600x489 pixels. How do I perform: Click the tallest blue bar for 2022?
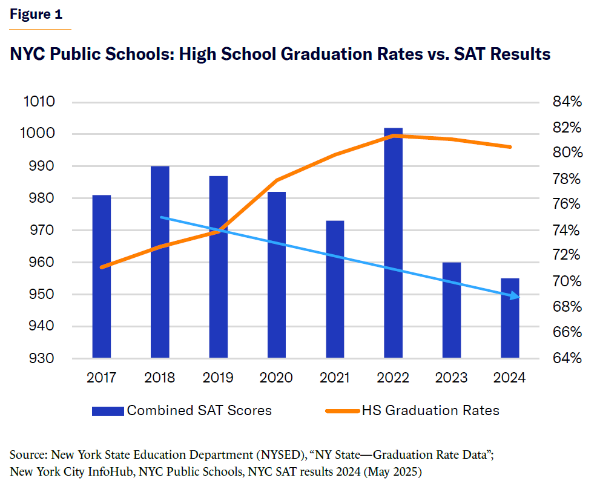tap(394, 242)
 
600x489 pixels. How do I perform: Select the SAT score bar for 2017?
tap(101, 276)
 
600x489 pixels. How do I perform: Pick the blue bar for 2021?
tap(335, 289)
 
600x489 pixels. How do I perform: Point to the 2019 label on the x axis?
tap(218, 378)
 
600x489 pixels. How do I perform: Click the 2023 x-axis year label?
tap(452, 378)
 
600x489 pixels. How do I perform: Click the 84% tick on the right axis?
tap(567, 102)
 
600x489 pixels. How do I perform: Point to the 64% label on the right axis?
tap(567, 358)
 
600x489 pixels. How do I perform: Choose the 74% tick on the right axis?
tap(567, 231)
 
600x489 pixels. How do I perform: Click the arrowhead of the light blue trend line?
tap(515, 296)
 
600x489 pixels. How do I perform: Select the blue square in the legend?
tap(108, 411)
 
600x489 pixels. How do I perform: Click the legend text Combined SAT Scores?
tap(199, 410)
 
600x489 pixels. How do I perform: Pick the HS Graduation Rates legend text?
tap(430, 410)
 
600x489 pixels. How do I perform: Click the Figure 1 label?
tap(36, 15)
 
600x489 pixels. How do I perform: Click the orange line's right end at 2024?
tap(510, 147)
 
